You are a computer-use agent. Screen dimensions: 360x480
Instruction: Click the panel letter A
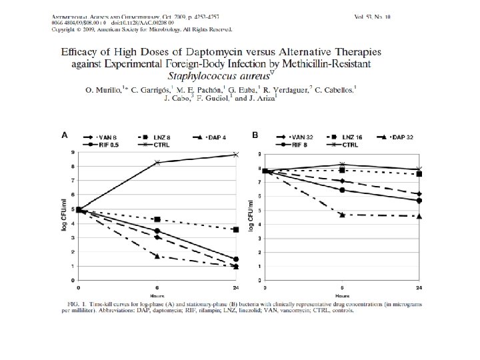[x=65, y=135]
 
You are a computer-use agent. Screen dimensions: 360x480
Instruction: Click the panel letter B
[x=255, y=135]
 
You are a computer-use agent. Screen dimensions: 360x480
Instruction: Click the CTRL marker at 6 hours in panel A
[x=157, y=163]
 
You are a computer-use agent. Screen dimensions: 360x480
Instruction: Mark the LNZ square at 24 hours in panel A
[x=236, y=229]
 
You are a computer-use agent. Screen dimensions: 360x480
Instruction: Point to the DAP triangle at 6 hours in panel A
[x=157, y=256]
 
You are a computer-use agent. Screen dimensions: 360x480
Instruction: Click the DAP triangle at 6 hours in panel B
[x=342, y=215]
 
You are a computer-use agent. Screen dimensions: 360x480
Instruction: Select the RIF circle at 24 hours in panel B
[x=419, y=200]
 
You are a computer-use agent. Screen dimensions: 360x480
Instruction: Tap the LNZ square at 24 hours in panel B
[x=419, y=174]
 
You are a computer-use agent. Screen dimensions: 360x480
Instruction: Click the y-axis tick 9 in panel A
[x=72, y=153]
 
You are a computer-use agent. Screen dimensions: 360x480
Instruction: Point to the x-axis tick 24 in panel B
[x=419, y=287]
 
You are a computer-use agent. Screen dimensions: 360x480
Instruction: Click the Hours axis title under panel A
[x=157, y=293]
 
